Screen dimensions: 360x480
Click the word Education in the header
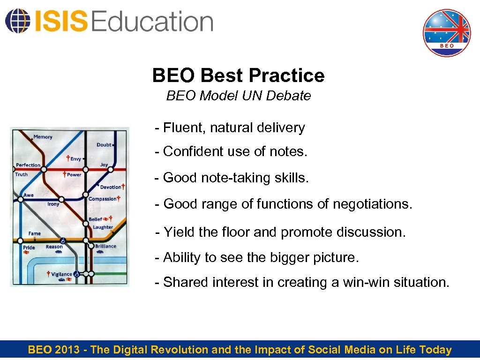coord(153,22)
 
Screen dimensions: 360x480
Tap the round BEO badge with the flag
coord(446,33)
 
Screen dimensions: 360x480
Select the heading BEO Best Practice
coord(238,75)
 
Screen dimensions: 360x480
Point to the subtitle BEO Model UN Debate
coord(238,96)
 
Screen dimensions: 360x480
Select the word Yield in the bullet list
coord(176,232)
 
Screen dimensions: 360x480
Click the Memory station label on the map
coord(43,137)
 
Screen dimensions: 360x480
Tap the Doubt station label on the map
coord(104,145)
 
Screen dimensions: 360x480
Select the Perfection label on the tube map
coord(28,165)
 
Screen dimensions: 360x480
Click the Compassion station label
coord(102,199)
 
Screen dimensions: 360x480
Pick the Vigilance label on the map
coord(61,274)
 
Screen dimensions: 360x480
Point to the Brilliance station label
coord(105,246)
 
